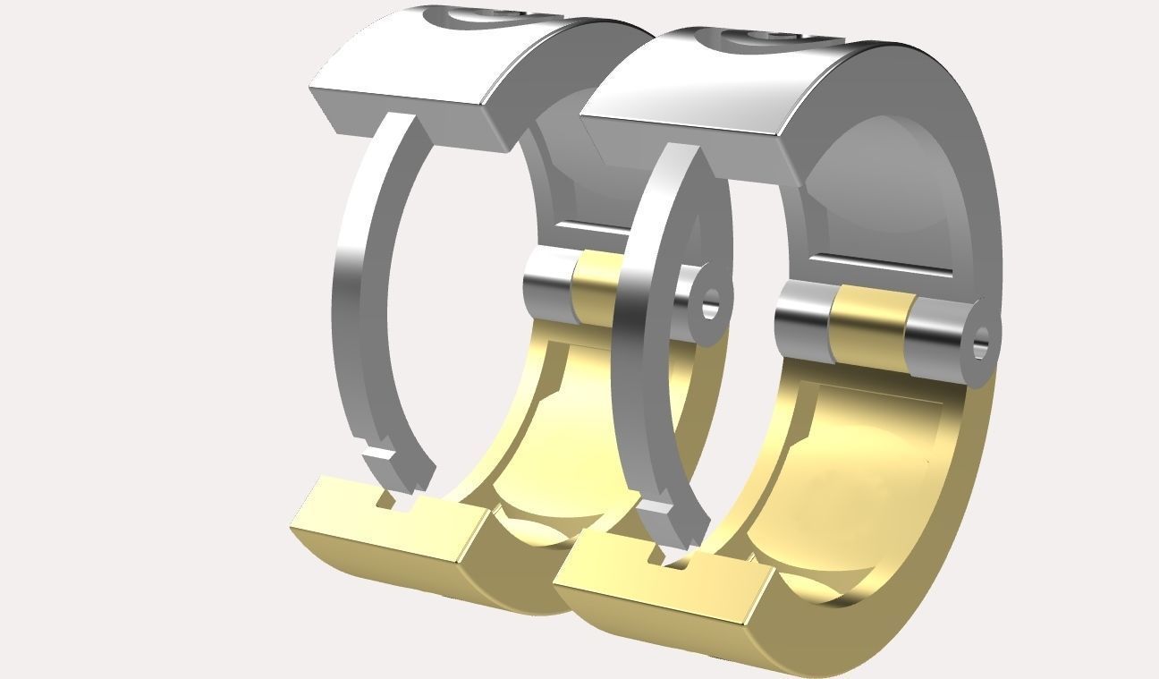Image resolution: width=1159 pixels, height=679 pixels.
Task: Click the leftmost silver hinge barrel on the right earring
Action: click(x=802, y=319)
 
